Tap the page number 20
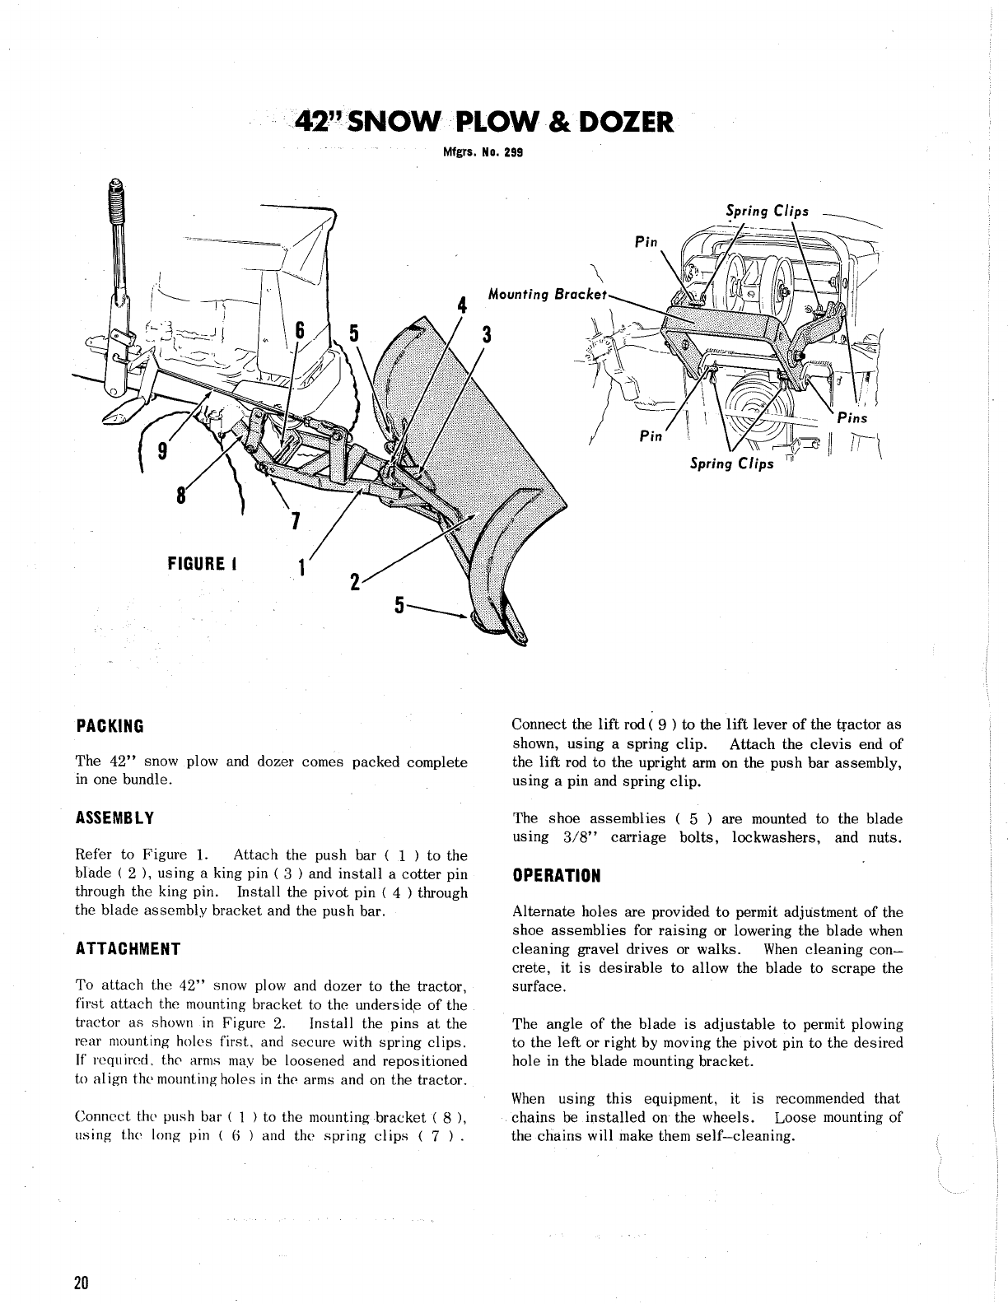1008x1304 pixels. click(82, 1283)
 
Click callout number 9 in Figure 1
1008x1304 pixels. click(163, 450)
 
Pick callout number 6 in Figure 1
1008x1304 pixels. click(301, 331)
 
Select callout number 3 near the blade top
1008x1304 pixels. click(487, 334)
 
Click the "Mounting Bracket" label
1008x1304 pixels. click(547, 294)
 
